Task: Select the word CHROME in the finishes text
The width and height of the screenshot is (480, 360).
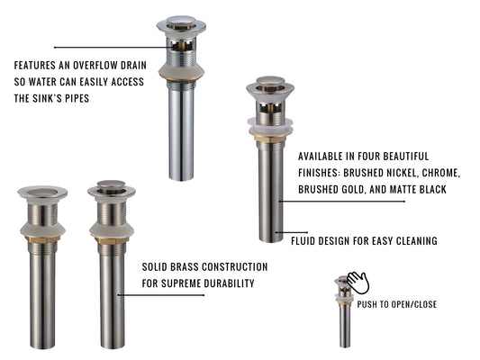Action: [x=440, y=173]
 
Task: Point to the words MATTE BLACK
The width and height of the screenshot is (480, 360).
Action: [x=418, y=189]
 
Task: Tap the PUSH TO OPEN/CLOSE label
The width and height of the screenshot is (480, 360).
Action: [x=397, y=304]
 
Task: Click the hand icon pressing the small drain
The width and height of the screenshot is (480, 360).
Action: [x=358, y=283]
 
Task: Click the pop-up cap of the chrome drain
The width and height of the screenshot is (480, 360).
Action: [x=181, y=21]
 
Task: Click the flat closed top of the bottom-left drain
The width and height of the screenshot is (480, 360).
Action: [x=42, y=192]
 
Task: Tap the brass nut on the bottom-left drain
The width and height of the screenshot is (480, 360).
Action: [x=42, y=239]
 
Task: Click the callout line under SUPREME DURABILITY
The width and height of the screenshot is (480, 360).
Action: [x=161, y=295]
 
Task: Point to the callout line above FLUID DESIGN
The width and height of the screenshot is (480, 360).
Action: [x=292, y=232]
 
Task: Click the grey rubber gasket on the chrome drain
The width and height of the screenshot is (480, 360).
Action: [x=181, y=71]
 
